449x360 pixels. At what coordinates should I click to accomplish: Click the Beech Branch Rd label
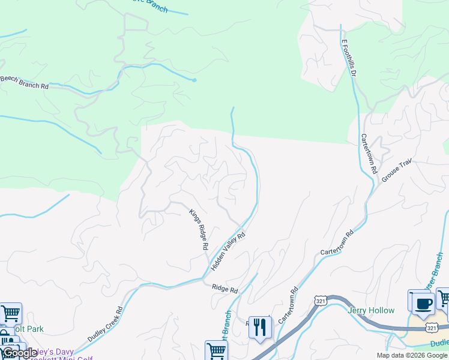click(24, 82)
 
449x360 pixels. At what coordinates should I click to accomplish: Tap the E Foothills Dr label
click(349, 57)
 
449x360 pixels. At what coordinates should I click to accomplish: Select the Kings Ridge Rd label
click(199, 229)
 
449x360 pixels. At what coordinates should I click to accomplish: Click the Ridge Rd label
click(225, 289)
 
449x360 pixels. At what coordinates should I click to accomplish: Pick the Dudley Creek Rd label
click(105, 325)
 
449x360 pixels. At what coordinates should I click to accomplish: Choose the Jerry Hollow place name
click(371, 310)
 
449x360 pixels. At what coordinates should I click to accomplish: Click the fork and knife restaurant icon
click(259, 328)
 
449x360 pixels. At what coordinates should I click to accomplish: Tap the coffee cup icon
click(424, 304)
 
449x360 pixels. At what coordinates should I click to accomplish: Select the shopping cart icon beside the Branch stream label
click(216, 351)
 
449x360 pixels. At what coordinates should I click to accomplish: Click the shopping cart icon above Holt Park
click(10, 313)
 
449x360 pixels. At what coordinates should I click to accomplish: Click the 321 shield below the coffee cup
click(431, 328)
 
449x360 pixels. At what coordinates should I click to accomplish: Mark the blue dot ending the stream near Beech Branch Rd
click(194, 80)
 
